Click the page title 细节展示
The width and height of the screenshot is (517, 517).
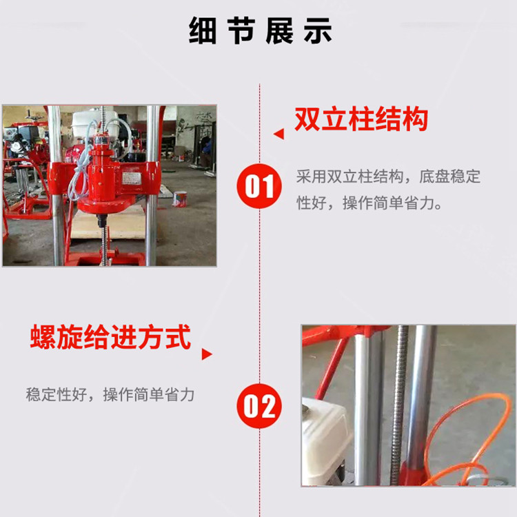[260, 30]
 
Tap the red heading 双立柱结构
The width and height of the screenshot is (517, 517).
[361, 119]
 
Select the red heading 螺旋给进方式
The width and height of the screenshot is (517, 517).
[110, 336]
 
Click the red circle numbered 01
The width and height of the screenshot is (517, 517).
[259, 186]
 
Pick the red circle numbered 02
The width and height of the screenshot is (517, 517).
[259, 406]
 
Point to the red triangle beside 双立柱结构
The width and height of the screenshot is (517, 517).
[279, 134]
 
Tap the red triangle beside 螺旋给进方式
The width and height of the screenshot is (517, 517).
[206, 354]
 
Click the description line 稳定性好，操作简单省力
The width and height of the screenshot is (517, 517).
[110, 395]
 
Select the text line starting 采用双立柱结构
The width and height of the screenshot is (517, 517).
[388, 176]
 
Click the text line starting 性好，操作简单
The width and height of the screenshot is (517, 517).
[369, 203]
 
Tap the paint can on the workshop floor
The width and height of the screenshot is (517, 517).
[180, 199]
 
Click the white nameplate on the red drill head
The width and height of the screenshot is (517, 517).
[132, 178]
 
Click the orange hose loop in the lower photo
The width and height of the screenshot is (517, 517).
[468, 438]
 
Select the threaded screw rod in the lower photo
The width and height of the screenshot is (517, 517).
[398, 405]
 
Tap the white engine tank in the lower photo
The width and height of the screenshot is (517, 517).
[325, 440]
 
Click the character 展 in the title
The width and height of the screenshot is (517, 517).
[280, 30]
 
